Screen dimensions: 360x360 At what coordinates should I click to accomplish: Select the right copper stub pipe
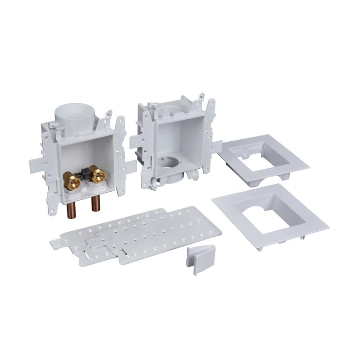95,203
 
